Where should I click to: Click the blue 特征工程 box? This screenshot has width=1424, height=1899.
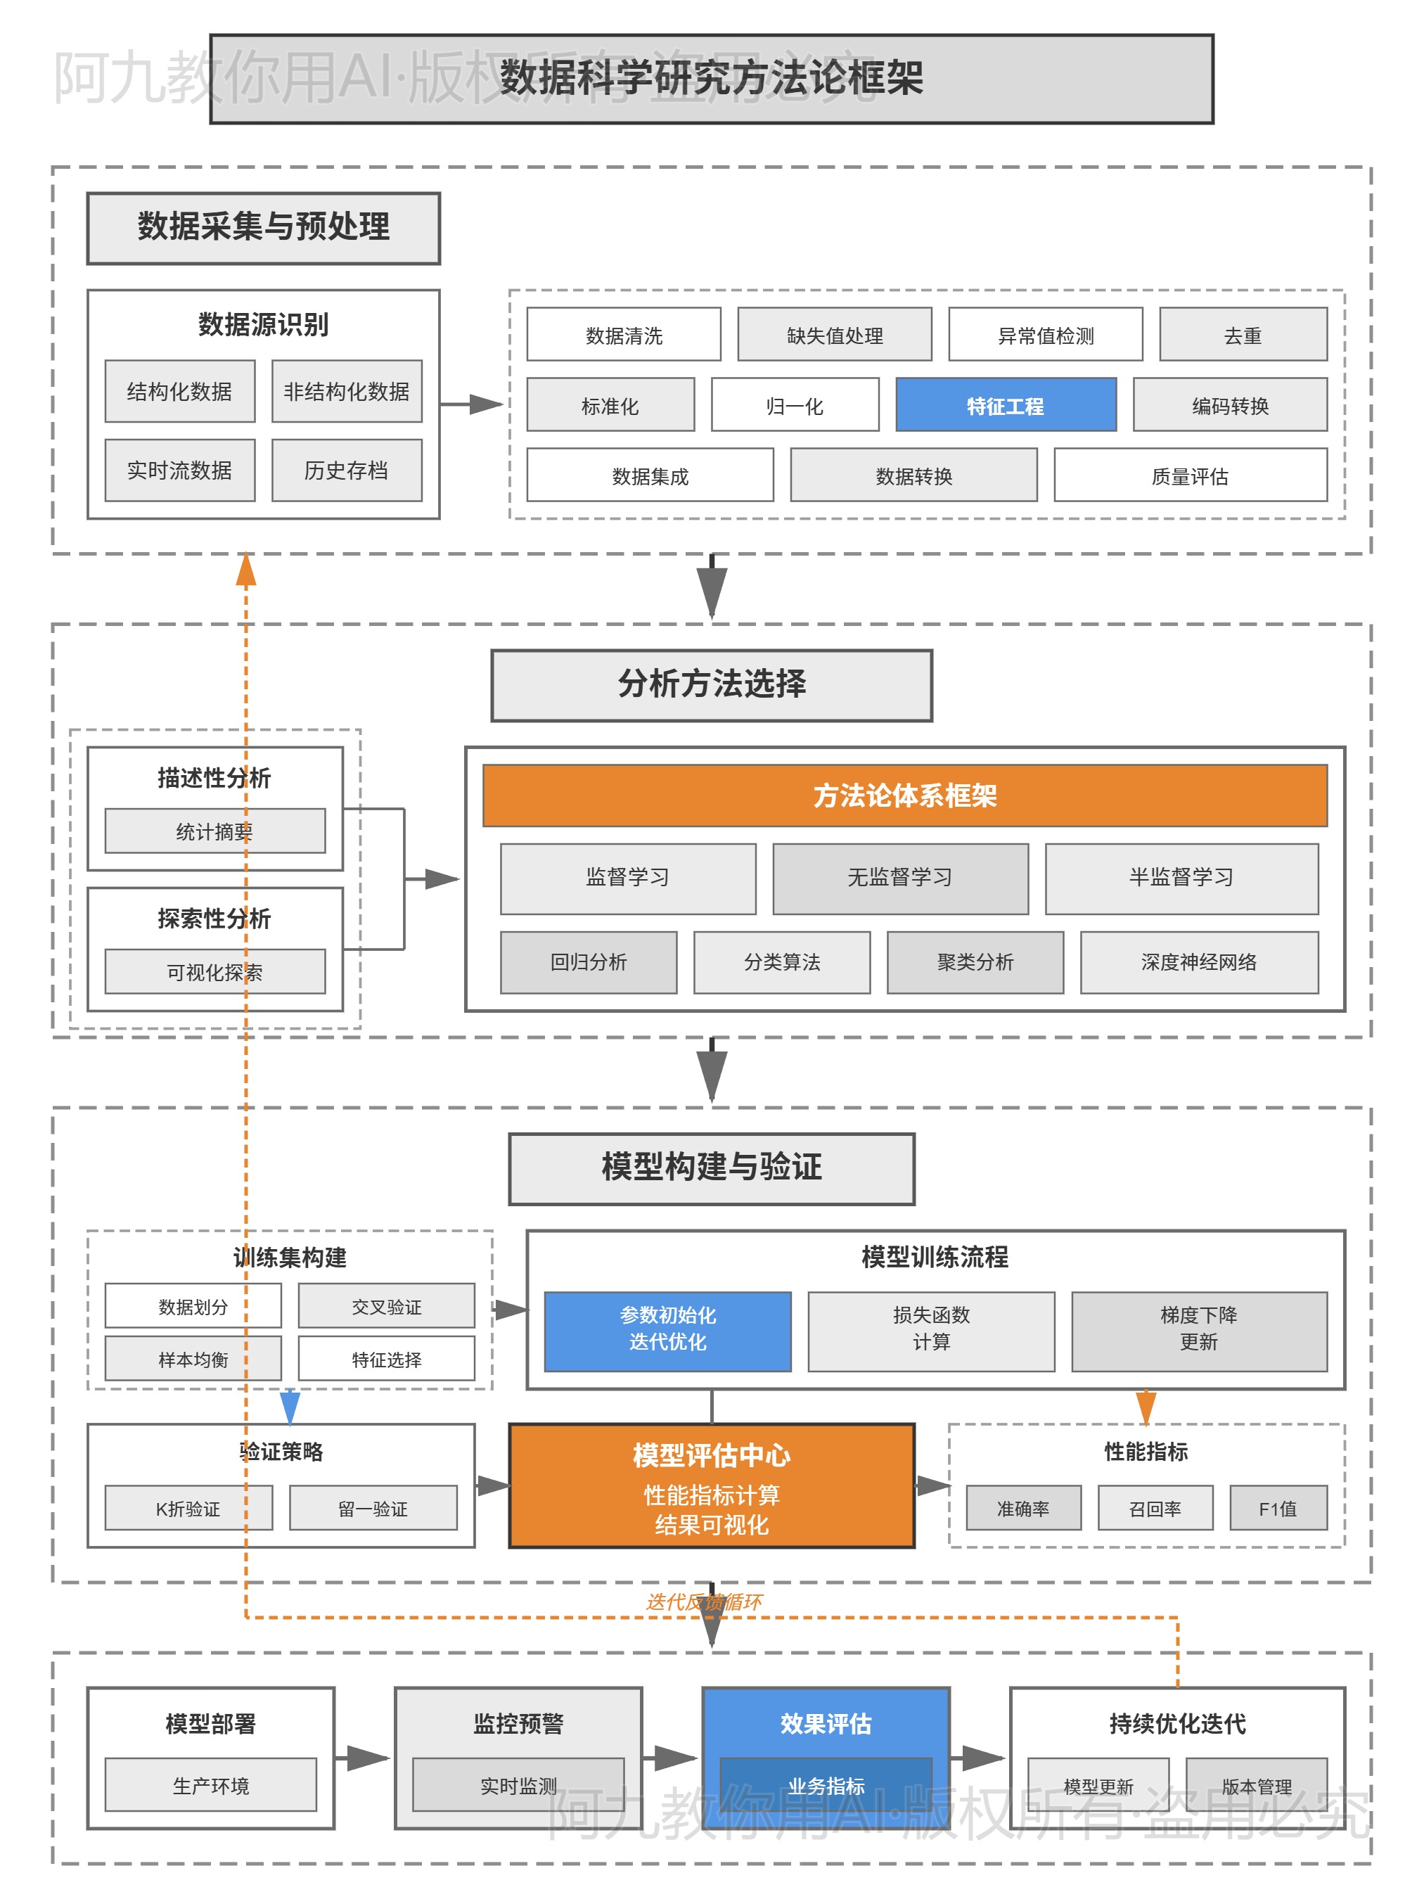1005,405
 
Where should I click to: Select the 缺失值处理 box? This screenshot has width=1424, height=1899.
834,335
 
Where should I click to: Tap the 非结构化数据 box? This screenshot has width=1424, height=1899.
347,392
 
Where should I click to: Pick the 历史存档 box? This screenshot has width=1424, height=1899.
347,471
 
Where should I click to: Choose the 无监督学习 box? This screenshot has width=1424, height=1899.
899,877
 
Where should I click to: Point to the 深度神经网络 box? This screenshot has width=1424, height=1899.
1198,962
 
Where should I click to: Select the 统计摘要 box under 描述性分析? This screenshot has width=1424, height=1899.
214,831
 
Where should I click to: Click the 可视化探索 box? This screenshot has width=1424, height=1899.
214,972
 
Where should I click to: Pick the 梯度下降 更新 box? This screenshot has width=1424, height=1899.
1198,1330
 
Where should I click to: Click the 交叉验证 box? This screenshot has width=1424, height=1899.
386,1307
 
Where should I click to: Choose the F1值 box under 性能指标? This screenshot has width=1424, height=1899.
1277,1509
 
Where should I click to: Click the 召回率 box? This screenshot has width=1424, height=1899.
1155,1509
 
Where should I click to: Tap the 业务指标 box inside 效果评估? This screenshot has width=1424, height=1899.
826,1786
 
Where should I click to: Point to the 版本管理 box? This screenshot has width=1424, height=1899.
1257,1786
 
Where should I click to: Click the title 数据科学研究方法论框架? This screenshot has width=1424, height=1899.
711,78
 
